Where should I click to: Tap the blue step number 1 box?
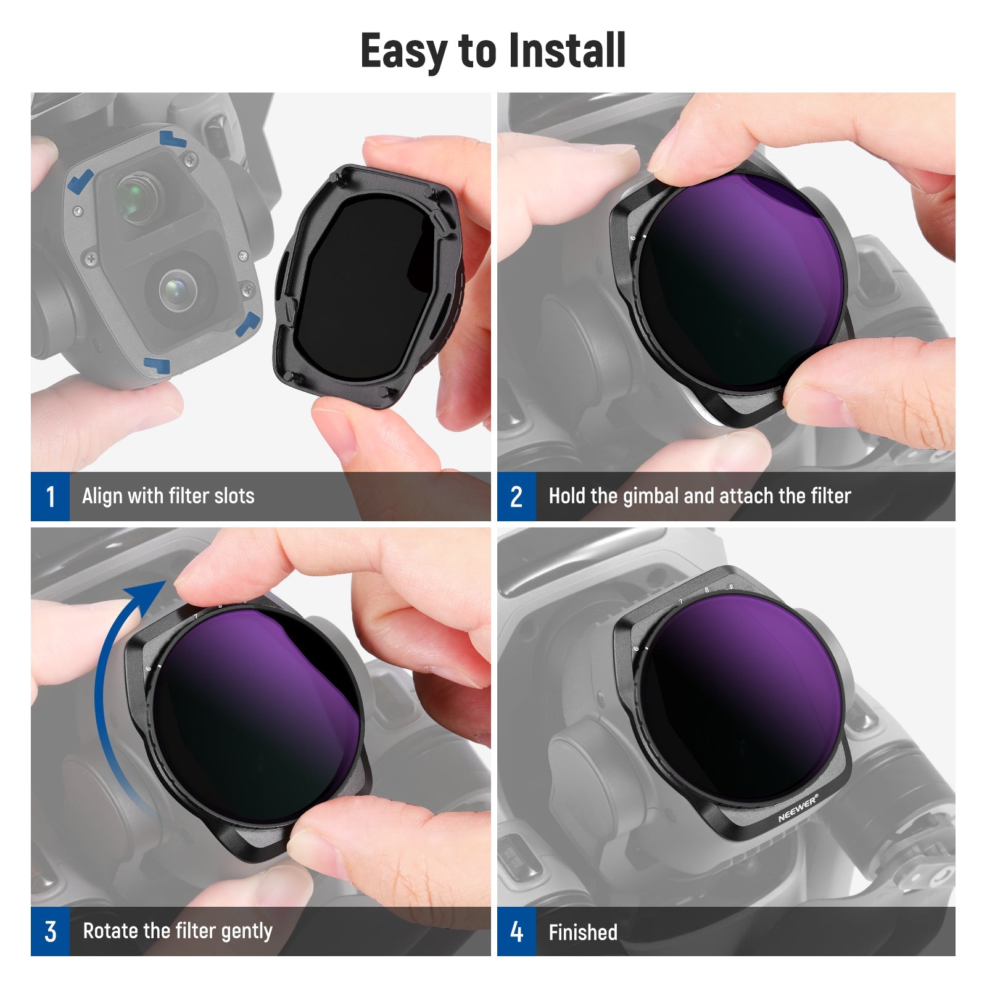click(x=50, y=497)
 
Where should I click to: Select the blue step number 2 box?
click(x=516, y=497)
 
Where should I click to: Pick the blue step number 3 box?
click(x=50, y=931)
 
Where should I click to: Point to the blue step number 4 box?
click(x=516, y=931)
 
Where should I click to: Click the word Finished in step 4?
click(x=583, y=932)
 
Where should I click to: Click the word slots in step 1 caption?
click(x=234, y=496)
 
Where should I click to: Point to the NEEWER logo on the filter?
click(x=798, y=808)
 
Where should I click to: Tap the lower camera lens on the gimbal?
click(x=178, y=289)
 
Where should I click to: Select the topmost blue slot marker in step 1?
click(x=173, y=138)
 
